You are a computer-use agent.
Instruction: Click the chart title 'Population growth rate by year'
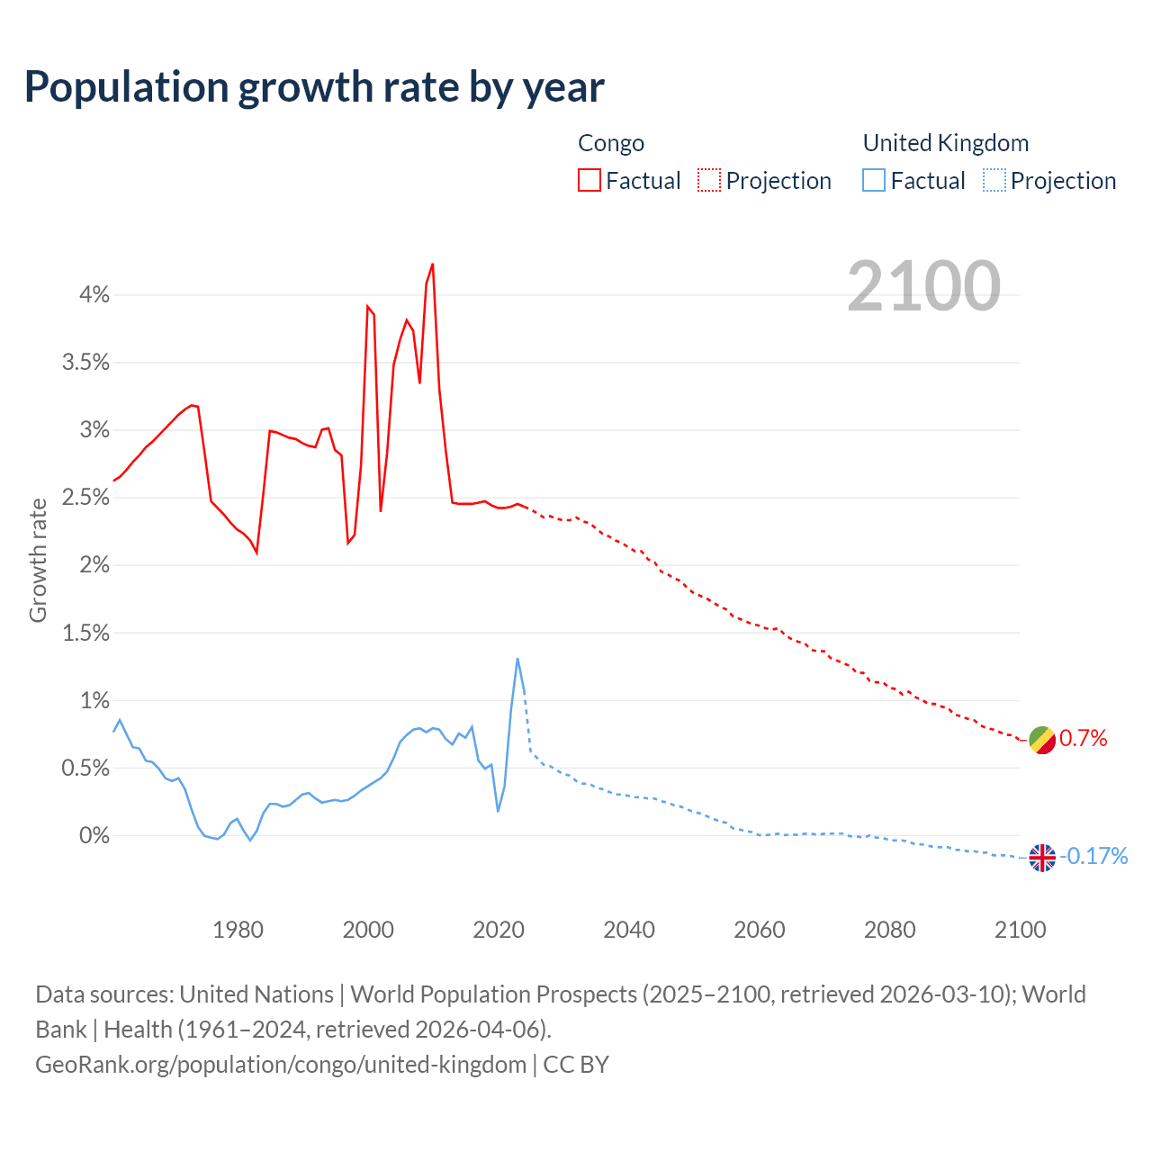click(x=314, y=87)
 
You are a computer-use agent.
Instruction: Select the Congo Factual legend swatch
click(x=589, y=180)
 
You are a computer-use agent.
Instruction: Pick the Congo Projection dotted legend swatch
click(x=709, y=180)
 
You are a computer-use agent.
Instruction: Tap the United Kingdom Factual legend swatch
click(x=874, y=180)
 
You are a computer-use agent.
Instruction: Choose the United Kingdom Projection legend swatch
click(x=994, y=180)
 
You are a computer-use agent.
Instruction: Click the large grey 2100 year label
click(x=923, y=286)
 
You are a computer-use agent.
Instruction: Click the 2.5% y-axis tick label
click(x=85, y=498)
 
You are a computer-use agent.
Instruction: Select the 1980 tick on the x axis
click(x=238, y=929)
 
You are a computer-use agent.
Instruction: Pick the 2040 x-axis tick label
click(x=629, y=929)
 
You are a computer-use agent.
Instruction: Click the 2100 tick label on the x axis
click(x=1020, y=929)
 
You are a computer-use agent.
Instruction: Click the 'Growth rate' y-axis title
click(x=38, y=560)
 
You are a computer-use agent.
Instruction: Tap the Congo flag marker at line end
click(x=1042, y=740)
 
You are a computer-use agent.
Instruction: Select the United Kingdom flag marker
click(x=1042, y=858)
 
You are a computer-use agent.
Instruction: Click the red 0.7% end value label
click(x=1084, y=739)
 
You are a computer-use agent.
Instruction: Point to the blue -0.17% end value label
click(x=1093, y=856)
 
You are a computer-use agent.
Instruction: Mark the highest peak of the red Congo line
click(x=433, y=265)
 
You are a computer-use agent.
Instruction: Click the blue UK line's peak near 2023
click(x=517, y=659)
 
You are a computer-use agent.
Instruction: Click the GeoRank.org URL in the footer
click(x=281, y=1065)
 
